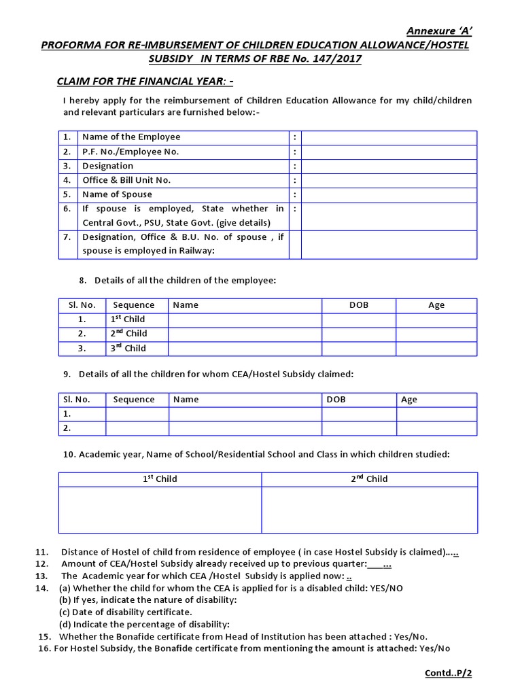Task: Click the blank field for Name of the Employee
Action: pos(389,137)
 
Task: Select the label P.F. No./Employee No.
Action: pos(130,152)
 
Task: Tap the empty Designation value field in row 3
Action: pos(389,166)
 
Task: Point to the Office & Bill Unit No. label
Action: pos(126,180)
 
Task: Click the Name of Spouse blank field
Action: pos(389,194)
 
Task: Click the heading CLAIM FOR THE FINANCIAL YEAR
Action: pos(144,82)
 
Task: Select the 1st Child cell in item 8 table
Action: pos(128,319)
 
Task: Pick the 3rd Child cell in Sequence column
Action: pos(128,348)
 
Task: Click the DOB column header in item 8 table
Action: pos(358,305)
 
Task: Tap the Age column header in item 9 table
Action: pos(409,400)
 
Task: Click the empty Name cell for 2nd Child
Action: pos(245,334)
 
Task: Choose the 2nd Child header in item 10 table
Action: pos(369,479)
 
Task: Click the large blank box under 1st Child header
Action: pos(160,510)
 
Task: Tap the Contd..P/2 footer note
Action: pos(447,673)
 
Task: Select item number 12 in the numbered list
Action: pos(41,564)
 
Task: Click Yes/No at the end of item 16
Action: pos(434,648)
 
